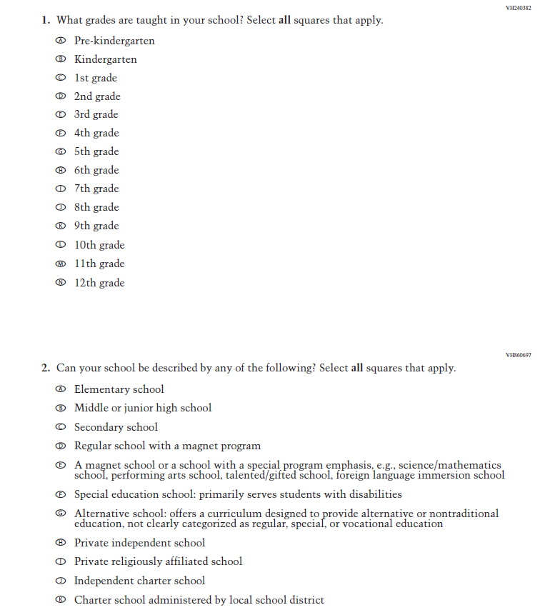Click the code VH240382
click(x=519, y=8)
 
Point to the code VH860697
click(x=519, y=354)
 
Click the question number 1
click(x=45, y=20)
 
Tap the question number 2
click(x=45, y=369)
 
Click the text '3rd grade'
click(x=96, y=114)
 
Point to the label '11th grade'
click(x=99, y=264)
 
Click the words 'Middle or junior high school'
click(x=143, y=408)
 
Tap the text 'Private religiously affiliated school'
click(x=158, y=561)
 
